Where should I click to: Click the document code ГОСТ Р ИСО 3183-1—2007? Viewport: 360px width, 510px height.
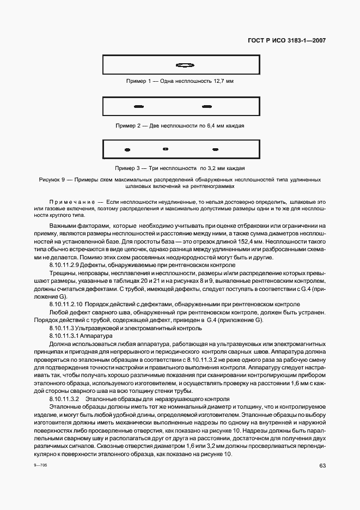(x=287, y=40)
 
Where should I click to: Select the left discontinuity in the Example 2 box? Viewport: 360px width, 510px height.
(x=139, y=106)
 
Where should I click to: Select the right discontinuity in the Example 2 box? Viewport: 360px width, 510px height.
(x=206, y=106)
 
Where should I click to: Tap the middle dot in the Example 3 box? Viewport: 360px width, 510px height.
(x=166, y=149)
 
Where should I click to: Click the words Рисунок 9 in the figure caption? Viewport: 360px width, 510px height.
(x=52, y=179)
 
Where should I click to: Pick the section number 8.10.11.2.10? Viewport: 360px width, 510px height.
(x=66, y=303)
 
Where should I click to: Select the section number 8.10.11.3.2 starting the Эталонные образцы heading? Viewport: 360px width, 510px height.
(x=64, y=399)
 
